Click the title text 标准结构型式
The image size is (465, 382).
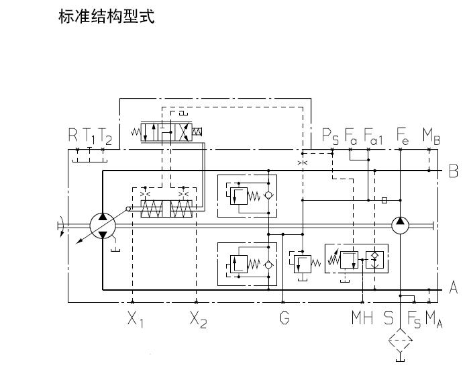pos(107,17)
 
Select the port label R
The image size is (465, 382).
pos(73,136)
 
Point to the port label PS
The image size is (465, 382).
pos(329,136)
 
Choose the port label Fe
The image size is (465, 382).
pos(403,136)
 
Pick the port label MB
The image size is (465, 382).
pos(431,136)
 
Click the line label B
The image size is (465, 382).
pos(453,171)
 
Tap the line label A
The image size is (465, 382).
pos(453,289)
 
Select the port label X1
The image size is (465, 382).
pos(136,318)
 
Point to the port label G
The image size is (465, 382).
pos(285,318)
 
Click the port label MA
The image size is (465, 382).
pos(433,318)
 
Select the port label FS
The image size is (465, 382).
pos(414,318)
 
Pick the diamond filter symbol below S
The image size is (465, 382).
pos(401,342)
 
